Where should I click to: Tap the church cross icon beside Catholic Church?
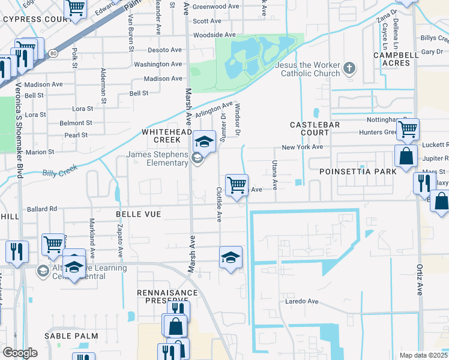tap(351, 69)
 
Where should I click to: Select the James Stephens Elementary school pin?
tap(205, 142)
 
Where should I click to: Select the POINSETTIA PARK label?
tap(367, 172)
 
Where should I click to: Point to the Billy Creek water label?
tap(58, 173)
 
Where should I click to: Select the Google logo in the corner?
tap(20, 353)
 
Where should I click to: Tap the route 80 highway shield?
tap(54, 53)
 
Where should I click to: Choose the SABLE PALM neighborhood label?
tap(74, 336)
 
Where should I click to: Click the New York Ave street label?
tap(303, 147)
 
